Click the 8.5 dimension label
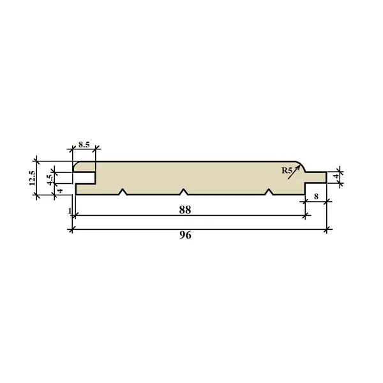click(84, 145)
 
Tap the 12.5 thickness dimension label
click(33, 178)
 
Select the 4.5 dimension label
click(50, 179)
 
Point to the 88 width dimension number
click(185, 210)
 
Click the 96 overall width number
click(185, 235)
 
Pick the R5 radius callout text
click(287, 170)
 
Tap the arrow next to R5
click(294, 172)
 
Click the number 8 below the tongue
click(316, 197)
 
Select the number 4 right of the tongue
click(337, 176)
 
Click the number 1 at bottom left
click(70, 211)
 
